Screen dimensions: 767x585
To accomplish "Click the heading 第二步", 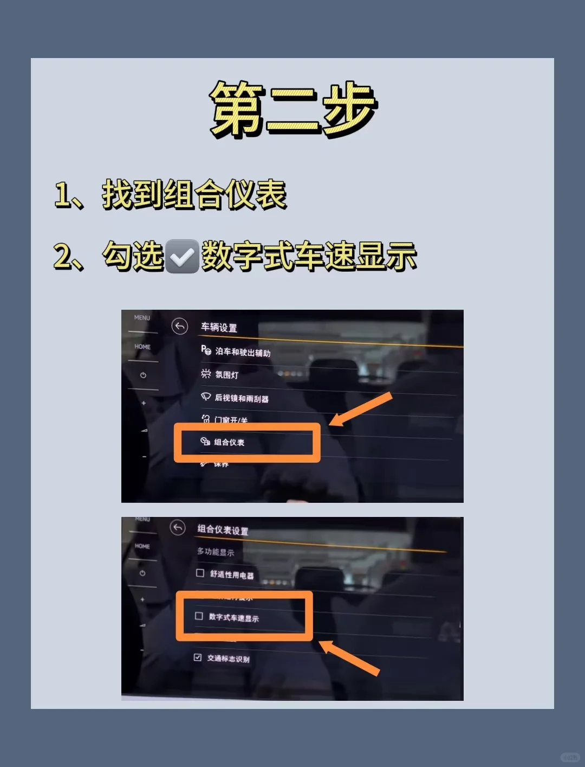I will (292, 108).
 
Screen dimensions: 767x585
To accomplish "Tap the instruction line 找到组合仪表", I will (193, 194).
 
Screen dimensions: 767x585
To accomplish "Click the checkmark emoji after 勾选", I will (181, 257).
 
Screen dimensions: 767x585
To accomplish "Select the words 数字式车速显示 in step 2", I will (309, 257).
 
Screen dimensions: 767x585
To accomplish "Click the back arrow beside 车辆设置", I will (179, 326).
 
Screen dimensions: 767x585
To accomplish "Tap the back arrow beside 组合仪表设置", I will (178, 527).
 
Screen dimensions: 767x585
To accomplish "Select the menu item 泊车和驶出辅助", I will (242, 352).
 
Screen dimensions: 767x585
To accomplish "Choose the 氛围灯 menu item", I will (226, 374).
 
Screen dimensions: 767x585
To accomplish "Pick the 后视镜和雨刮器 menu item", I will (241, 398).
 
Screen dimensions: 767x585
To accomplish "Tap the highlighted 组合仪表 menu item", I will (229, 442).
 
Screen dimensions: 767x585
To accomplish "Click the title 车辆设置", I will (219, 328).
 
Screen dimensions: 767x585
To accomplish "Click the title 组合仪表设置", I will (223, 530).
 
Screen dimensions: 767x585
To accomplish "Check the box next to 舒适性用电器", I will (200, 573).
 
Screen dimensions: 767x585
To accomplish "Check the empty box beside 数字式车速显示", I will (199, 616).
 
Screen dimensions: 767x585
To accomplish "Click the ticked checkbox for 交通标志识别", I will (198, 657).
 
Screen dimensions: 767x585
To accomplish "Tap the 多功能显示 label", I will (216, 552).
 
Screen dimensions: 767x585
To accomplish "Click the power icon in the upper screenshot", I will (143, 375).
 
